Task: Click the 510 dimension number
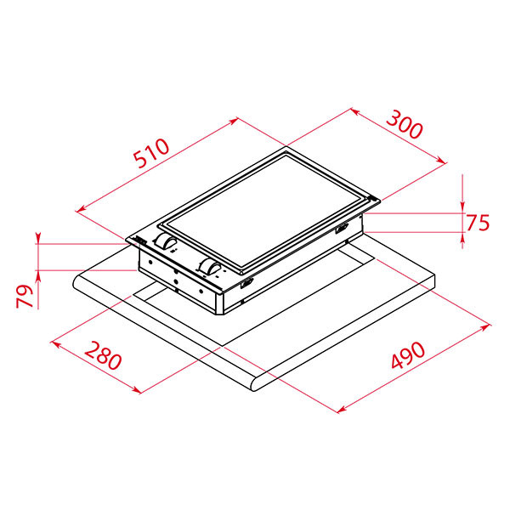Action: coord(151,153)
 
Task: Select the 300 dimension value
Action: coord(405,124)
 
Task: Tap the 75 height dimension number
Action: coord(478,223)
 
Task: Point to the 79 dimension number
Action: coord(25,296)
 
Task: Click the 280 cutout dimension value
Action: coord(103,355)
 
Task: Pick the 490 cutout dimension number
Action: coord(408,354)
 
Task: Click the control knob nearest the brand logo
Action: coord(166,241)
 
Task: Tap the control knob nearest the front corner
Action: coord(211,267)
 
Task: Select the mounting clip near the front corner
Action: coord(246,284)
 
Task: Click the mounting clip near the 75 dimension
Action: coord(342,229)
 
